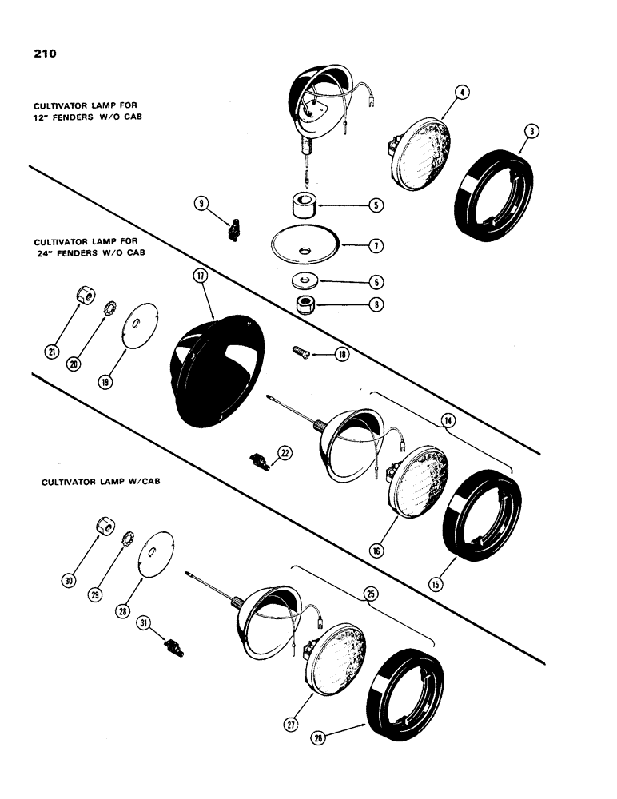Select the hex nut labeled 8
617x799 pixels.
pyautogui.click(x=305, y=304)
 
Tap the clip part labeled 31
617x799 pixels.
pyautogui.click(x=173, y=644)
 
